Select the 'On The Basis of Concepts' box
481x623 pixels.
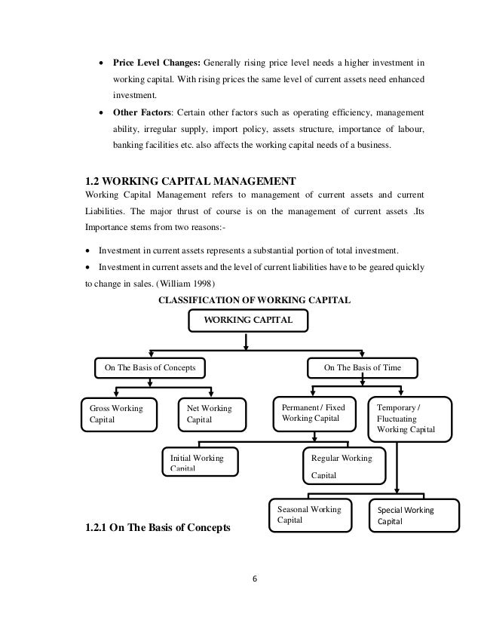pos(150,368)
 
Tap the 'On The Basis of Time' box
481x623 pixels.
pos(362,368)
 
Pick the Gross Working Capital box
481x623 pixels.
pos(118,414)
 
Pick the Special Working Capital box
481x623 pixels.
pos(412,515)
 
